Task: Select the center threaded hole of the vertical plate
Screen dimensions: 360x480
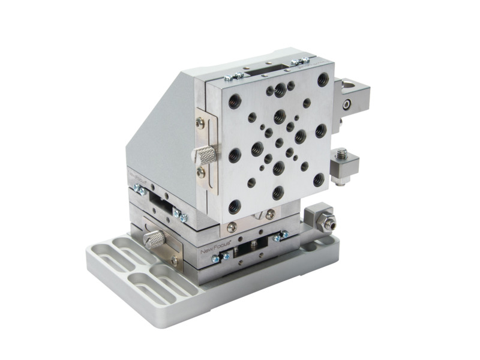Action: click(279, 143)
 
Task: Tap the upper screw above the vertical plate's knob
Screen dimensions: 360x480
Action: click(200, 123)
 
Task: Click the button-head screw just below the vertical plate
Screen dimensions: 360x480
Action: click(272, 215)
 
